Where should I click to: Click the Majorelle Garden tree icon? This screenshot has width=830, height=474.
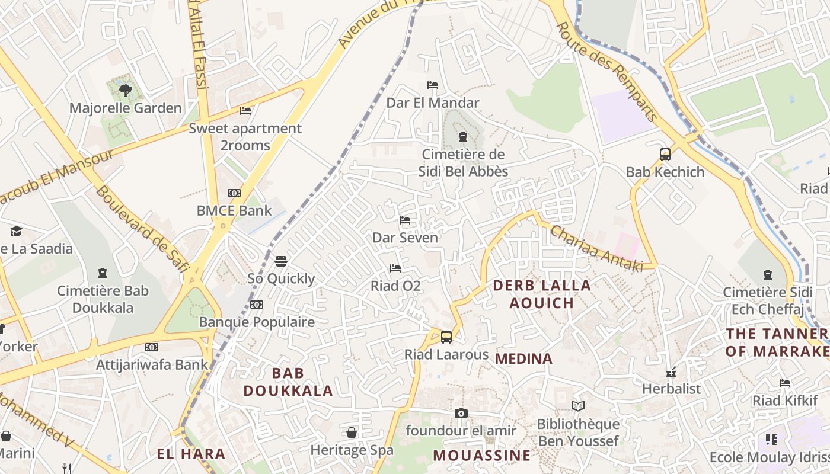click(x=125, y=90)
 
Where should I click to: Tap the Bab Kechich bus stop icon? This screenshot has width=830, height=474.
click(x=665, y=155)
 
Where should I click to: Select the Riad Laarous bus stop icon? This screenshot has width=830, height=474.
click(x=446, y=337)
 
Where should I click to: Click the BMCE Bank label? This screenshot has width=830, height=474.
click(x=234, y=210)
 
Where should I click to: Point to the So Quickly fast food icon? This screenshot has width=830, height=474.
click(x=281, y=261)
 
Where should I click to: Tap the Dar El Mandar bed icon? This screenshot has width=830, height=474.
click(x=433, y=85)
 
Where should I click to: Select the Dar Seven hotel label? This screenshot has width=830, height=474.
click(x=405, y=238)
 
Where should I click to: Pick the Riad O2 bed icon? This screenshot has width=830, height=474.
click(x=395, y=268)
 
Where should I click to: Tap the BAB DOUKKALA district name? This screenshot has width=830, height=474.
click(x=288, y=382)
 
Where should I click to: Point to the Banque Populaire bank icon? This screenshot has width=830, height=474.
click(x=257, y=305)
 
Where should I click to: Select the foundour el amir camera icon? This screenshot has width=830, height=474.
click(x=461, y=413)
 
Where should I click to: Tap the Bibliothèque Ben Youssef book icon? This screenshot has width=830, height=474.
click(x=578, y=406)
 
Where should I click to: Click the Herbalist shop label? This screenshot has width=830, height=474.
click(x=671, y=389)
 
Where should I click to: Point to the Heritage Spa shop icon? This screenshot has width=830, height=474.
click(x=352, y=433)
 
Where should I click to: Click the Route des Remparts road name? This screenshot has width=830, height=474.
click(x=608, y=71)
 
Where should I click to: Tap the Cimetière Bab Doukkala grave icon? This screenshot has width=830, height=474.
click(x=103, y=273)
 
